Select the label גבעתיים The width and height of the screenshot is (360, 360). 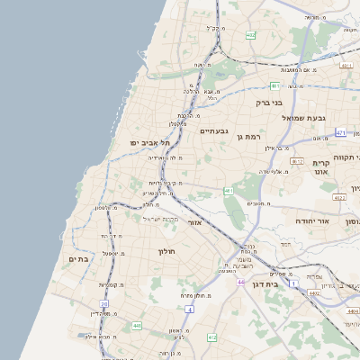coord(215,130)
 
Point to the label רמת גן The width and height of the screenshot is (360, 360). coord(247,136)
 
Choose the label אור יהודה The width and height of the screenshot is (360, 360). coord(312,220)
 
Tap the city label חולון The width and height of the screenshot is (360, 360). coord(168,251)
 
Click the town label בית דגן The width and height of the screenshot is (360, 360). coord(286,283)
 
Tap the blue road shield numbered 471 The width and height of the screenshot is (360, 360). coord(340,132)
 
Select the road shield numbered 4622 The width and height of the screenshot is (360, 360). coord(339,197)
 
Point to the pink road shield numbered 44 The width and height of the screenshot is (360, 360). coord(240,283)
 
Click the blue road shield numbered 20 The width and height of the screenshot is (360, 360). coord(104,305)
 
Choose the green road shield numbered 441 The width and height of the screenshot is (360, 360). coord(136,326)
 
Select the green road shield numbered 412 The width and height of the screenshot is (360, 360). coord(212,337)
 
